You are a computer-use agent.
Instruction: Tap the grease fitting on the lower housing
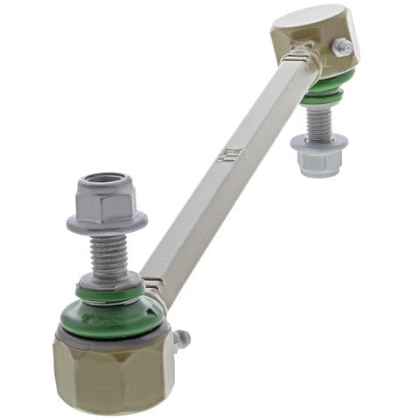pos(183,338)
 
